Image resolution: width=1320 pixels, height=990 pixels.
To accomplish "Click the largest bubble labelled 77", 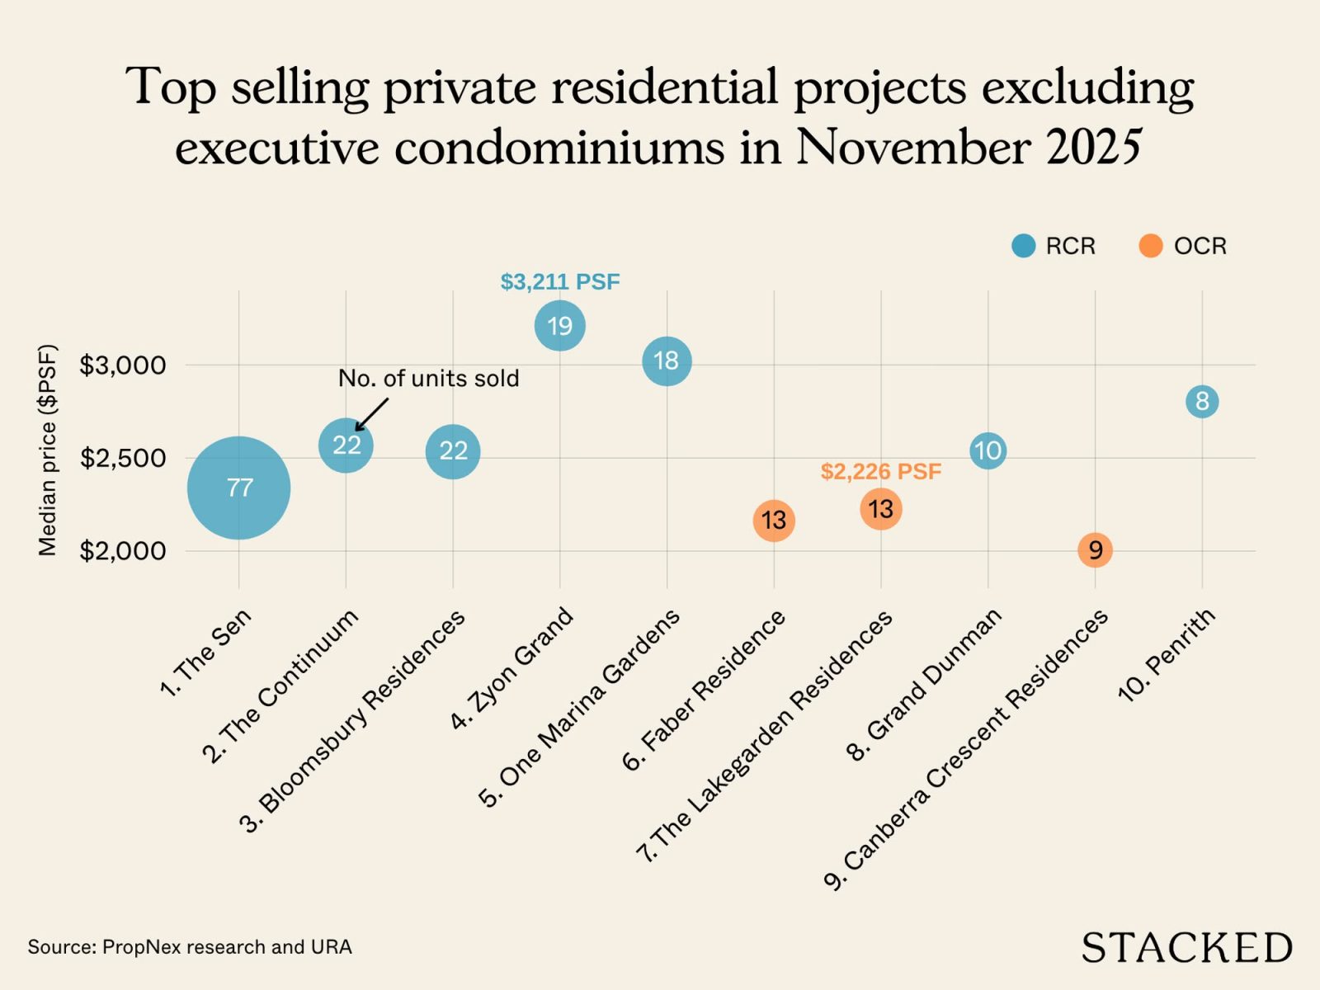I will point(238,488).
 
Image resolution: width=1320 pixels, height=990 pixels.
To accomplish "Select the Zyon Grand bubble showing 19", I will point(560,326).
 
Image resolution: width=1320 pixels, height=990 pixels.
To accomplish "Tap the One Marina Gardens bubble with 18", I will point(667,361).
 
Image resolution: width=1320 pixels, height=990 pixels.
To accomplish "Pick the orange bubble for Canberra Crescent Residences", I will point(1095,549).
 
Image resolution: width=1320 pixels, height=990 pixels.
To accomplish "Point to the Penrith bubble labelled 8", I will point(1202,402).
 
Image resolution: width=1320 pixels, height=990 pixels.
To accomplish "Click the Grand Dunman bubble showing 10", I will point(988,450).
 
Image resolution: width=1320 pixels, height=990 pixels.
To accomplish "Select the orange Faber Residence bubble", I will point(774,521).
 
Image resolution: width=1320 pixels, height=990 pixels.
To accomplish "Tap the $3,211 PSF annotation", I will point(560,282).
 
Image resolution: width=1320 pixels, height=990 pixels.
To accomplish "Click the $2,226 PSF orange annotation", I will point(880,472).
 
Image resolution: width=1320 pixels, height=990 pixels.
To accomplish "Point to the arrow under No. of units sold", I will point(370,414).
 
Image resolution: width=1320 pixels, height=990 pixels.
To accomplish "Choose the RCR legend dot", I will point(1024,246).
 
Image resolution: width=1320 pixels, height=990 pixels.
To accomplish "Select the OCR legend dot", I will point(1150,246).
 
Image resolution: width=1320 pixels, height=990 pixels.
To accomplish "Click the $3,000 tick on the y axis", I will point(123,365).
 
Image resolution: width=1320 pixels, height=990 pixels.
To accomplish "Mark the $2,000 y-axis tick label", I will point(123,550).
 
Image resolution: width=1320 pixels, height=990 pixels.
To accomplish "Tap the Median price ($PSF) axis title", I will point(48,450).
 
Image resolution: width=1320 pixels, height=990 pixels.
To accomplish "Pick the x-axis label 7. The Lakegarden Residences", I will point(765,736).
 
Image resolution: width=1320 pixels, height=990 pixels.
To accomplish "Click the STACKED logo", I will point(1186,948).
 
